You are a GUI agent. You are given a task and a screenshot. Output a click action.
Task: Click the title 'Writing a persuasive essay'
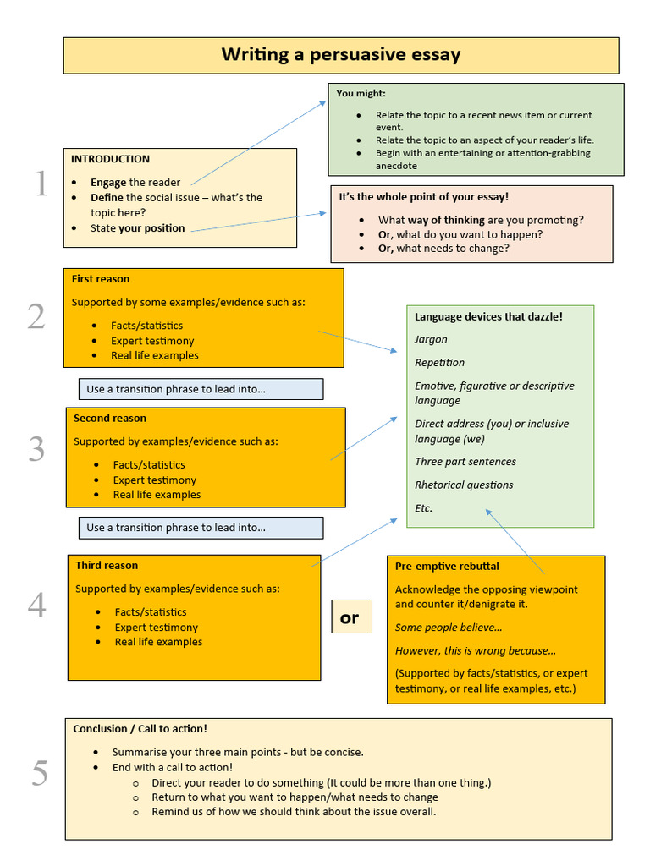[341, 55]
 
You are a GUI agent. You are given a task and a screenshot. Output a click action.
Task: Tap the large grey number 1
[41, 184]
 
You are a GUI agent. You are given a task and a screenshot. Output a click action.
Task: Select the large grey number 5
[40, 773]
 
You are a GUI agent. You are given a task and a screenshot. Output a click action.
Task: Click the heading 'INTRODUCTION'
[110, 159]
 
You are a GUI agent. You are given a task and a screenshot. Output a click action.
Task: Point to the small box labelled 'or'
[350, 618]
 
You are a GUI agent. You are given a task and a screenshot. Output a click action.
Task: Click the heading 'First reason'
[101, 279]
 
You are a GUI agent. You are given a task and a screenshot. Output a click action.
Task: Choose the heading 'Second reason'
[109, 419]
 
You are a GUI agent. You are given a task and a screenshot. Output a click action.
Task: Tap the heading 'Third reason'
[107, 566]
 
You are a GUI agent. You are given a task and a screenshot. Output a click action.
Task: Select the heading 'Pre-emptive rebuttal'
[447, 566]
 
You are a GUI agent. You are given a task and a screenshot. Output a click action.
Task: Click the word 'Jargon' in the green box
[431, 339]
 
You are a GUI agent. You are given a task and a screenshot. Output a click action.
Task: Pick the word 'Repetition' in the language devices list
[439, 363]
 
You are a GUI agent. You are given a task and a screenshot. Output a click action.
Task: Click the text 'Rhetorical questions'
[464, 485]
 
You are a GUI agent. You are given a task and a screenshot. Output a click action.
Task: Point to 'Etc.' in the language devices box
[423, 508]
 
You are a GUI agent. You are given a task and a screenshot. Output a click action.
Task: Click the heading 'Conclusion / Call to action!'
[140, 728]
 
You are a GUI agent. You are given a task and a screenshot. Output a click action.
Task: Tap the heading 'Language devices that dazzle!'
[488, 317]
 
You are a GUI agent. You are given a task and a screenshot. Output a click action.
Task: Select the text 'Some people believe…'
[449, 628]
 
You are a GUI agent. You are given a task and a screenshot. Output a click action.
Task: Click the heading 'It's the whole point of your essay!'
[424, 197]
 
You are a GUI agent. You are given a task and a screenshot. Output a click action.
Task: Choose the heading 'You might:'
[361, 94]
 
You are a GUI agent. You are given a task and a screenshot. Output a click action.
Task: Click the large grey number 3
[36, 449]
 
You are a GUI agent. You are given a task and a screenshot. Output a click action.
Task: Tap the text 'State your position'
[137, 228]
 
